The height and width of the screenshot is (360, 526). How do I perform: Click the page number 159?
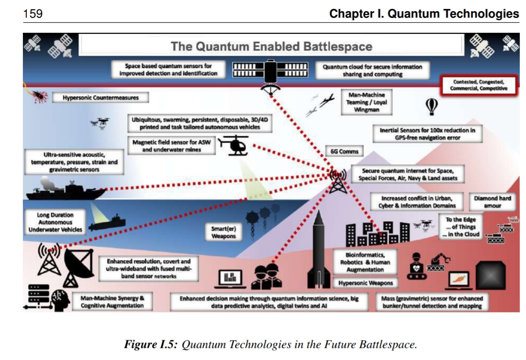33,14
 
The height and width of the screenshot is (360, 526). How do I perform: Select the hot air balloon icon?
432,106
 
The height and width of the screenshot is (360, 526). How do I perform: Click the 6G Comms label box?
344,152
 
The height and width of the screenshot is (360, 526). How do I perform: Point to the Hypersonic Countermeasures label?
100,98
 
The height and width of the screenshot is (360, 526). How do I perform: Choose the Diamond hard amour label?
492,202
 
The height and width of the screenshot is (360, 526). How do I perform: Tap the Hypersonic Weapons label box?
366,283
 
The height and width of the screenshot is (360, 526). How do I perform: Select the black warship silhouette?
66,190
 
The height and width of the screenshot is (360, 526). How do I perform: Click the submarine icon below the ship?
107,223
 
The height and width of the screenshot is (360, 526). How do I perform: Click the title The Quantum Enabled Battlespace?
271,46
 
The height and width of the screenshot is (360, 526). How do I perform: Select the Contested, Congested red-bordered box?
478,85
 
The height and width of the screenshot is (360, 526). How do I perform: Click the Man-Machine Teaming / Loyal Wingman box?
366,102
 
